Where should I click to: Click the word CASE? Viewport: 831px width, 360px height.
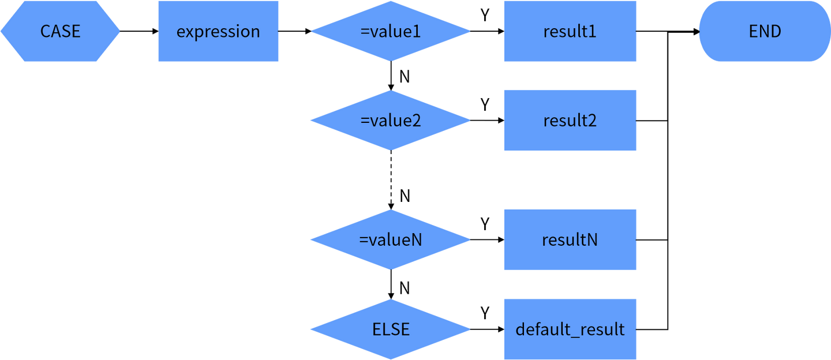60,31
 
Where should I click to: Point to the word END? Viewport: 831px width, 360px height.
765,31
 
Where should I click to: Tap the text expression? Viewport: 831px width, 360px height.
218,31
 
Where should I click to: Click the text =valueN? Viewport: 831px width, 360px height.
391,239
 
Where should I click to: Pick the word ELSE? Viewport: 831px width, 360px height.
391,329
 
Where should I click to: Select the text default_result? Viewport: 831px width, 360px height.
570,329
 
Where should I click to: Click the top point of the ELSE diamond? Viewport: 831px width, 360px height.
390,299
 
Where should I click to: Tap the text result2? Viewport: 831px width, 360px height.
570,121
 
